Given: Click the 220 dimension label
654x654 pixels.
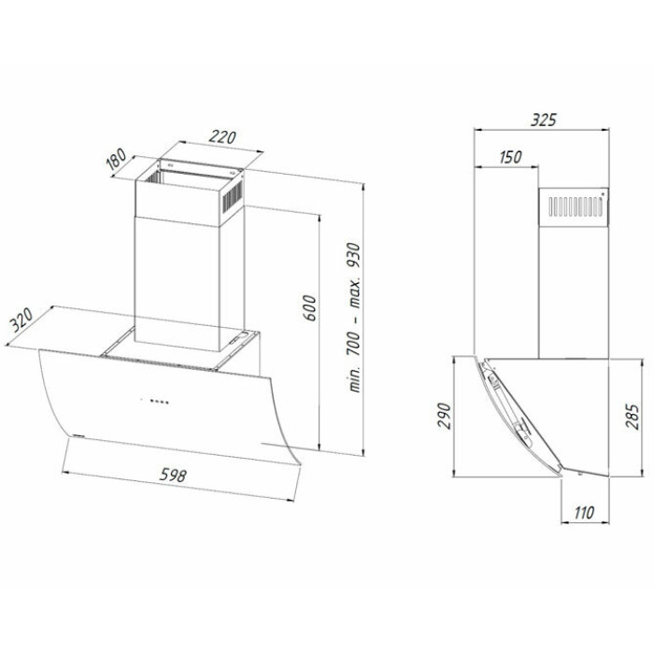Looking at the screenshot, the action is (x=222, y=136).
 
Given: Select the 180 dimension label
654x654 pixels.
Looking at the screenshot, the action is (x=116, y=160).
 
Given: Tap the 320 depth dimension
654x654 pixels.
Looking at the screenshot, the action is (x=21, y=320).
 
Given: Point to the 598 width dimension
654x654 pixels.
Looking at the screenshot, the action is (x=173, y=475).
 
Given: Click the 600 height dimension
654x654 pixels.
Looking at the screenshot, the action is (x=309, y=307).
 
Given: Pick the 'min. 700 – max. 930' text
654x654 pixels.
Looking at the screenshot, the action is (x=354, y=317).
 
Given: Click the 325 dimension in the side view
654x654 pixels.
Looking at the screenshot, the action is (x=544, y=121).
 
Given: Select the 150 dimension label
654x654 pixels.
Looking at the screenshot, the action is (x=510, y=157).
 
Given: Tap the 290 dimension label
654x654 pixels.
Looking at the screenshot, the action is (x=445, y=416).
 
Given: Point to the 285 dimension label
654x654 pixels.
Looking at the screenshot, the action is (x=632, y=417).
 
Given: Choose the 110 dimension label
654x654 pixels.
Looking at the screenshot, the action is (x=584, y=513).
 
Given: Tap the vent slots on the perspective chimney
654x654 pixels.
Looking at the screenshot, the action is (x=232, y=197).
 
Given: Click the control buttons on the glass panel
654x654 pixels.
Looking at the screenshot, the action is (x=155, y=402).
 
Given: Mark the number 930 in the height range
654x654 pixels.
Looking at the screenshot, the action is (x=354, y=256).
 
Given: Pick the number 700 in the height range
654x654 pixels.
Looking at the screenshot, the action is (x=354, y=344).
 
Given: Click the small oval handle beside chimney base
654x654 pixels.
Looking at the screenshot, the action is (x=238, y=337).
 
